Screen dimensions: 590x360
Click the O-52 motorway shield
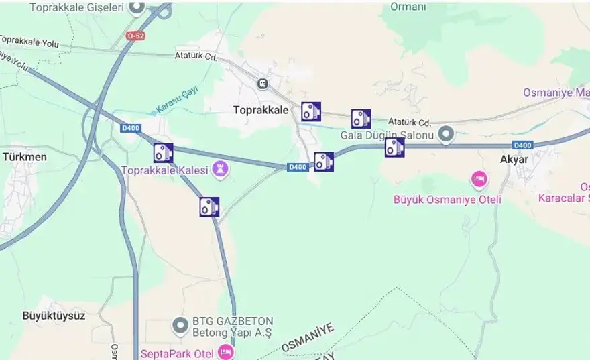tap(135, 35)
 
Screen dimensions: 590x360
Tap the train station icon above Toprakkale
tap(262, 84)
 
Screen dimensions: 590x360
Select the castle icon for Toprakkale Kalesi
tap(219, 170)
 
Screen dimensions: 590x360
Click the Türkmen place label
tap(25, 157)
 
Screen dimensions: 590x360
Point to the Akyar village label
tap(514, 160)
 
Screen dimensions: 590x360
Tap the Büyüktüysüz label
tap(54, 316)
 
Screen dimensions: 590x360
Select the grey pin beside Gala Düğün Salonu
tap(446, 135)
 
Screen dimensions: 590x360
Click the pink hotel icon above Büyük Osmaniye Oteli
tap(479, 180)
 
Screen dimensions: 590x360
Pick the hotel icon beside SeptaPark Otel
tap(225, 351)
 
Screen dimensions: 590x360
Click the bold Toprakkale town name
tap(261, 109)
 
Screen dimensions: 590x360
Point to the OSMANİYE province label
tap(307, 337)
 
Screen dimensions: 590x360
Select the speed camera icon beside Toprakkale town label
tap(310, 111)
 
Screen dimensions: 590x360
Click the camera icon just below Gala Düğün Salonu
tap(394, 147)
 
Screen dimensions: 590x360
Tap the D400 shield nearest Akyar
tap(522, 145)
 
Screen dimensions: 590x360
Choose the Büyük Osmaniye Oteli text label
tap(447, 199)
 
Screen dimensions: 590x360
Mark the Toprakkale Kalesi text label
tap(166, 170)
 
